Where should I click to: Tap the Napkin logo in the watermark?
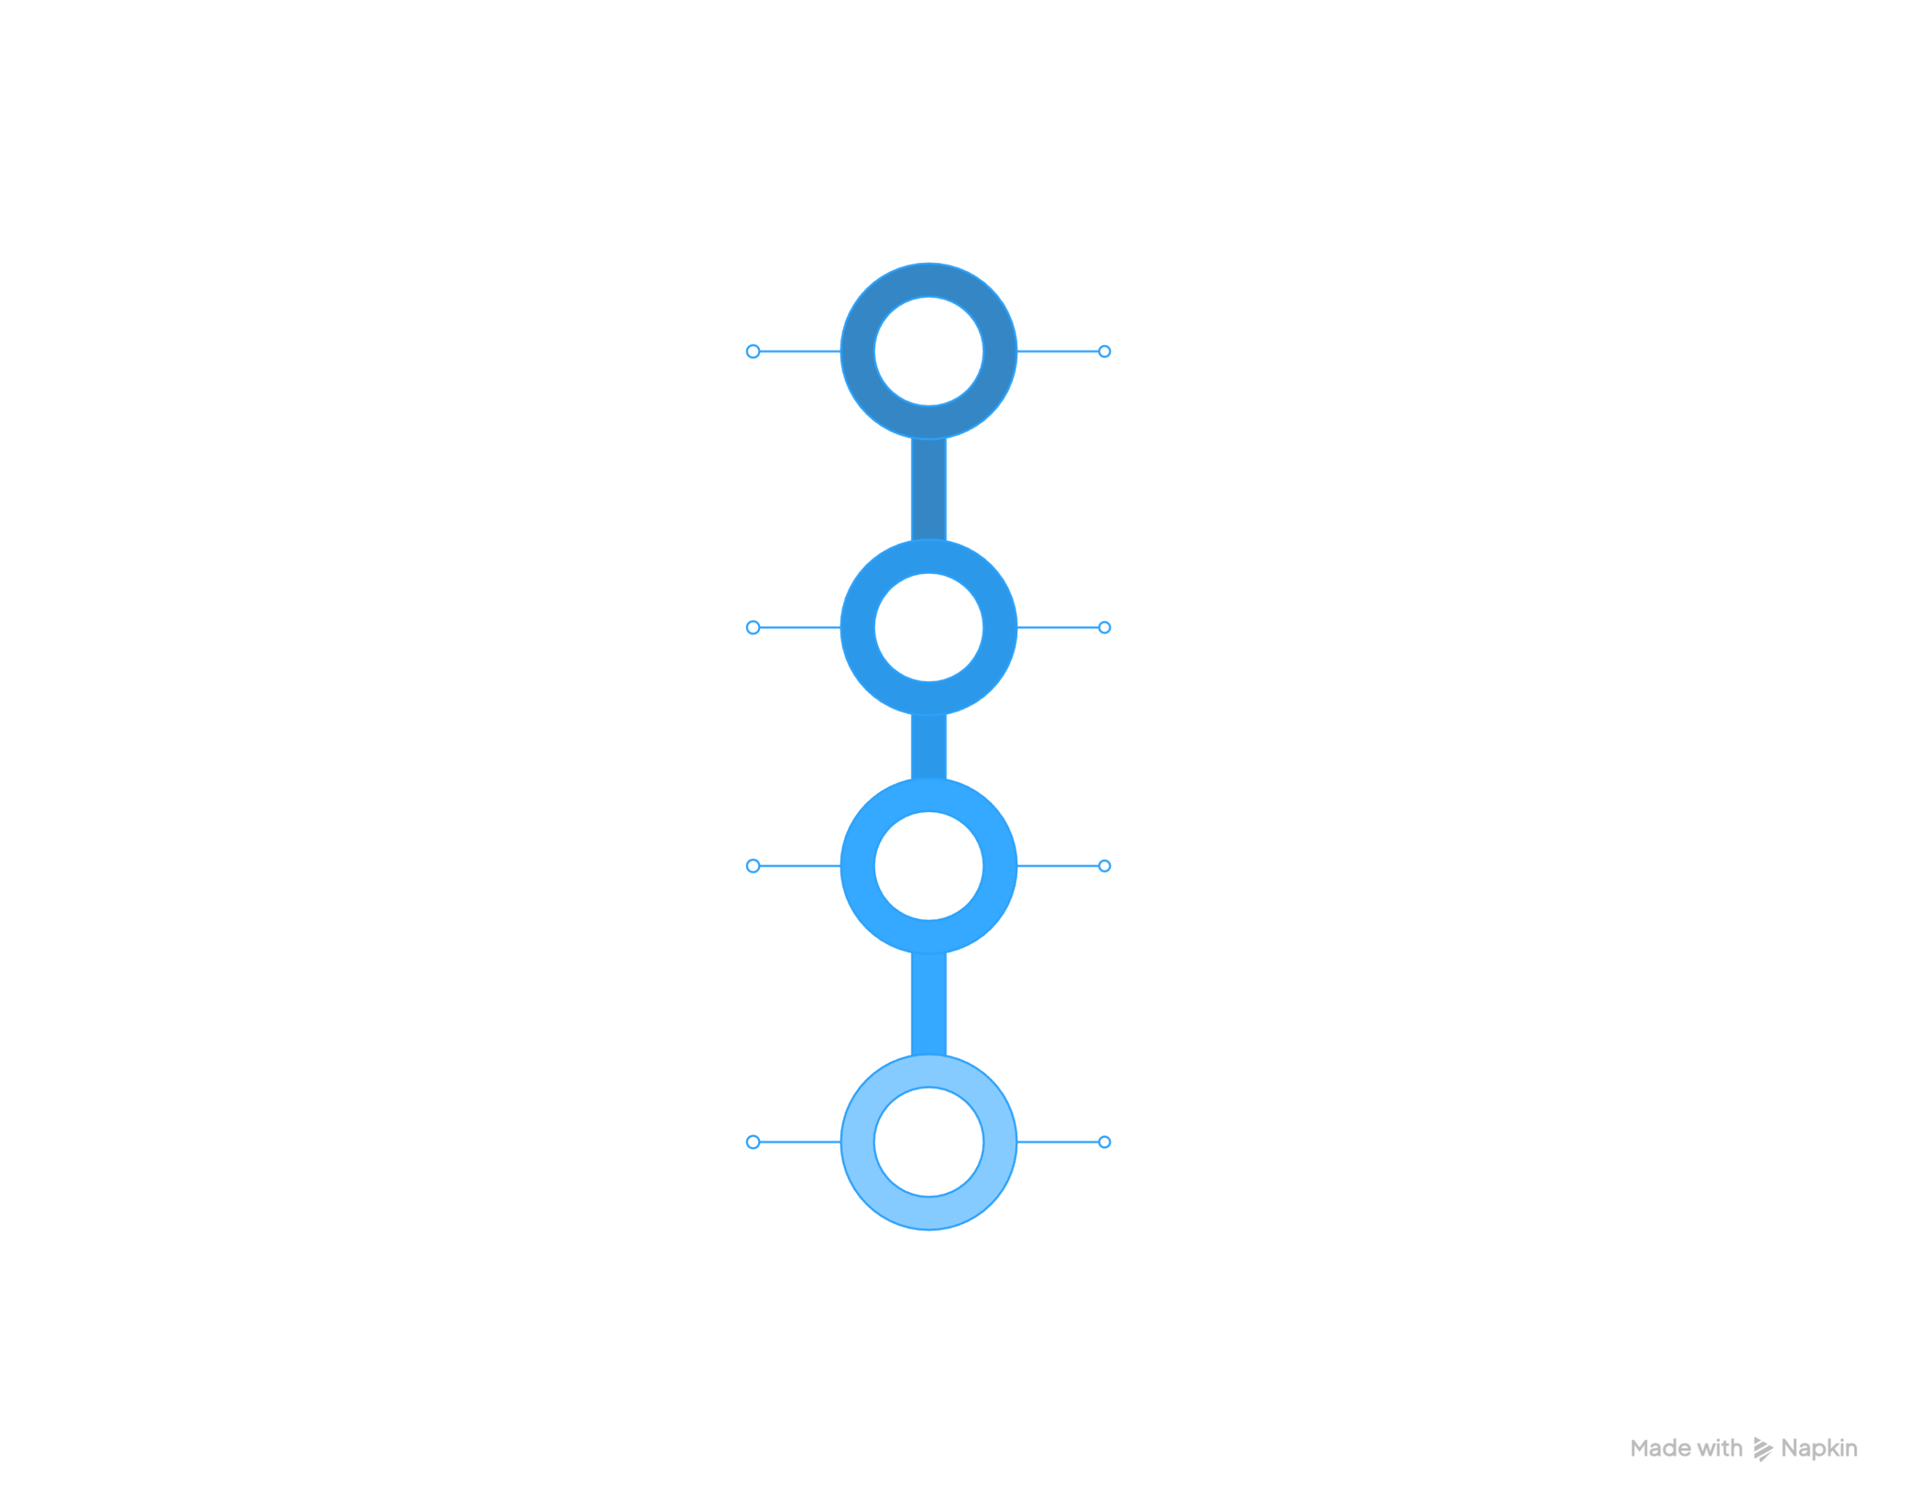pos(1763,1449)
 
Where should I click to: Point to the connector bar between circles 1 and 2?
pos(929,490)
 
